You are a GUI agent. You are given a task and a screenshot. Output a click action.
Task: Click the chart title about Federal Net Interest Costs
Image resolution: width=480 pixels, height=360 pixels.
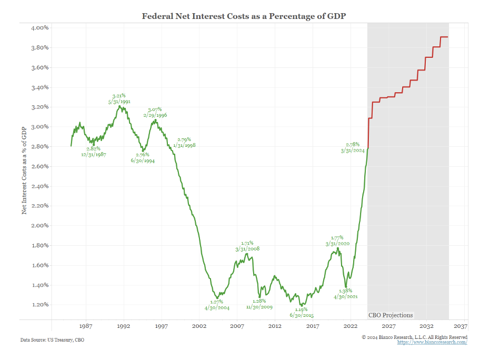243,16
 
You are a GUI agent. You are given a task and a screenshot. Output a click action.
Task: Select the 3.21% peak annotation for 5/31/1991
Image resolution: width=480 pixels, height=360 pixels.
118,98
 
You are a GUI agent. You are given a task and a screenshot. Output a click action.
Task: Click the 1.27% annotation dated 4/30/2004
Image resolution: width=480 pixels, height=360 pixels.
217,305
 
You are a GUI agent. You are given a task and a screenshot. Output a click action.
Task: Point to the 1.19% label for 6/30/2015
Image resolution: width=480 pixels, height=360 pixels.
301,312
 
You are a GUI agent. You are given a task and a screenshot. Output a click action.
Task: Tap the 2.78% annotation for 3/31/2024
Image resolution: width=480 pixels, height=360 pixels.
352,147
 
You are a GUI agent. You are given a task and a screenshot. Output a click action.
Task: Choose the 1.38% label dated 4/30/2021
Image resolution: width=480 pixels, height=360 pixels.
345,293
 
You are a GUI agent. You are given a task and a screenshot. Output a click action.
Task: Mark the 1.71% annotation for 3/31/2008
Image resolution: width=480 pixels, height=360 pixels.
247,246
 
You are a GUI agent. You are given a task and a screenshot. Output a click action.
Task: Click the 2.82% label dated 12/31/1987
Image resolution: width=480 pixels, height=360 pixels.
94,152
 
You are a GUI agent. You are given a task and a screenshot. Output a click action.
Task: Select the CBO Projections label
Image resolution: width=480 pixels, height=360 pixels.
390,315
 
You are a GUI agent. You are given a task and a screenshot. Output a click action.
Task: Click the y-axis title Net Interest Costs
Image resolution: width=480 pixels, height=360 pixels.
24,172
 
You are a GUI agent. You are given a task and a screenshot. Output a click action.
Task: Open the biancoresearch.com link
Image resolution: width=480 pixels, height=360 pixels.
432,343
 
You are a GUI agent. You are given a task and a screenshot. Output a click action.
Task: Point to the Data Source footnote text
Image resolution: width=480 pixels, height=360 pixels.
52,340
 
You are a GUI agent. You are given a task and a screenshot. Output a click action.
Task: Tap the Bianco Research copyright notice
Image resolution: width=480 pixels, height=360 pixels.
414,337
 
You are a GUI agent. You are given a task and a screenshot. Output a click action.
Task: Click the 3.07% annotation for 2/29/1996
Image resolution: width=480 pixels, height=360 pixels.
155,112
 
